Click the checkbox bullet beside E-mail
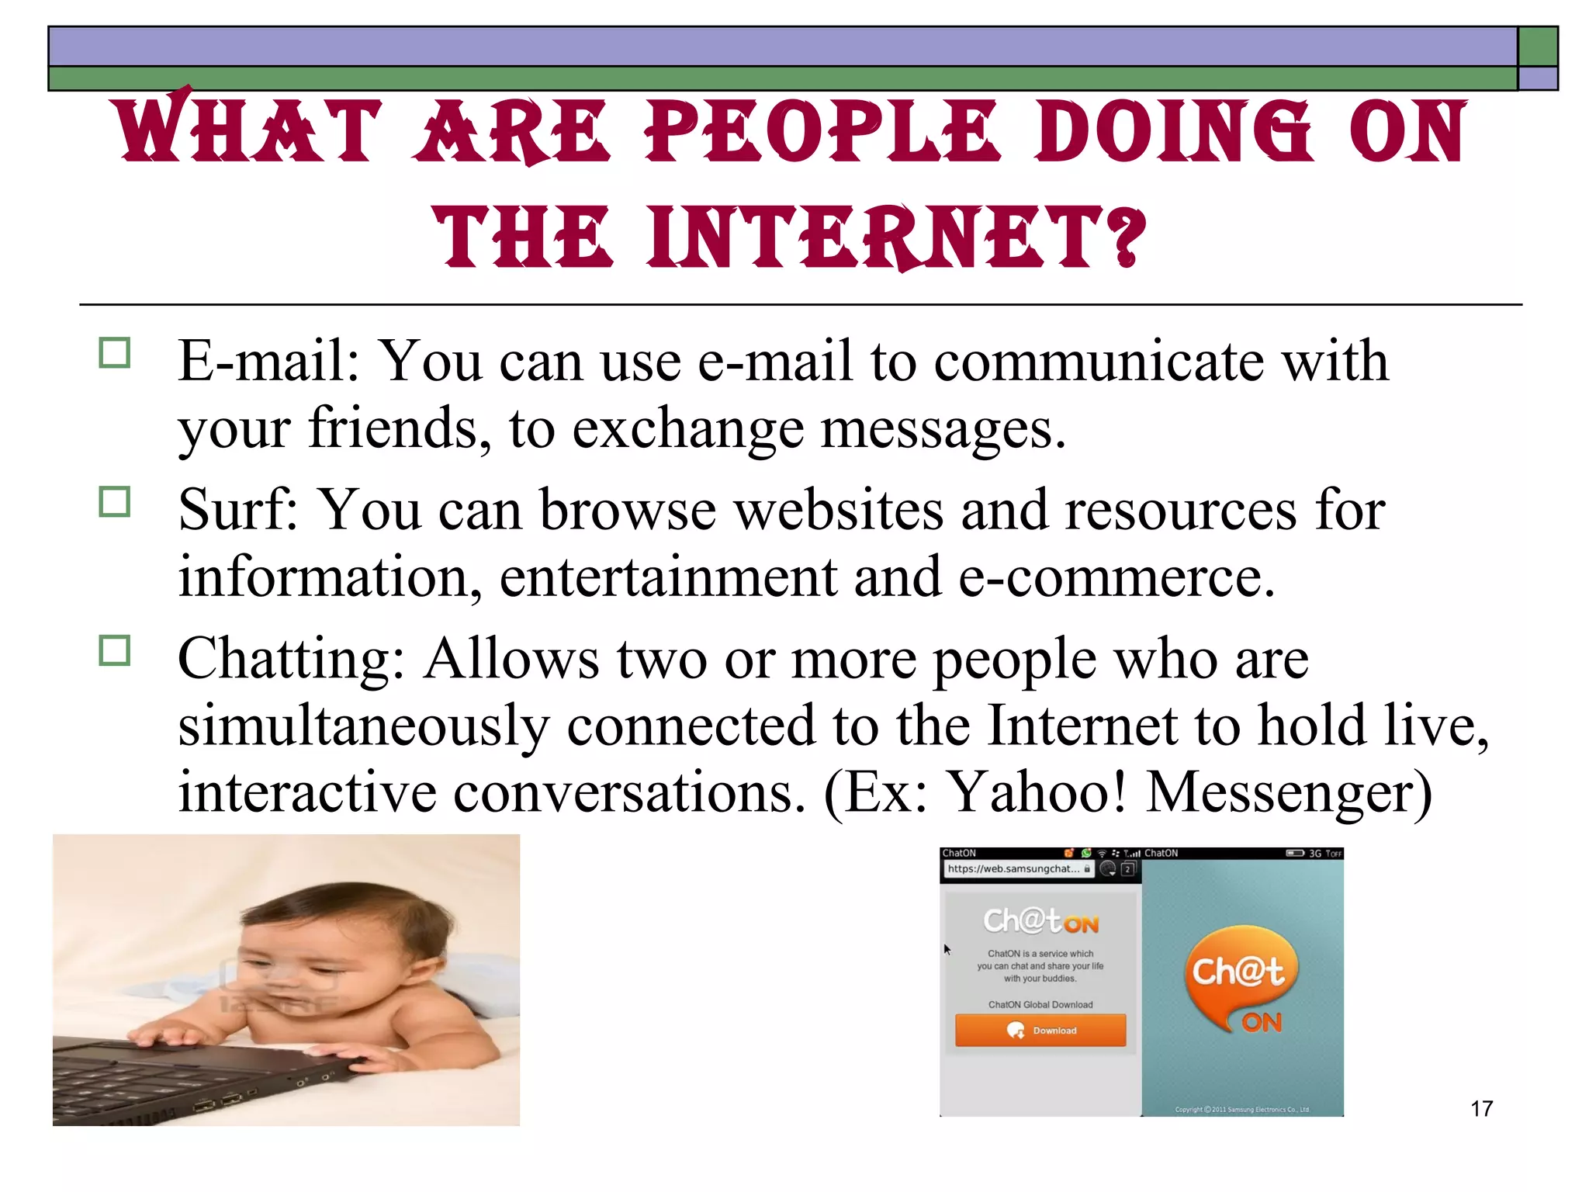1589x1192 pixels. point(115,353)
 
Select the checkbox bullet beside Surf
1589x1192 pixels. point(115,502)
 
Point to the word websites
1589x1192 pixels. point(839,511)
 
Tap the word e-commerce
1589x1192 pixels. point(1116,578)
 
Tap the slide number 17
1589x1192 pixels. point(1481,1108)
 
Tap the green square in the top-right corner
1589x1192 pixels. point(1537,47)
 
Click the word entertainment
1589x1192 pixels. point(668,578)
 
